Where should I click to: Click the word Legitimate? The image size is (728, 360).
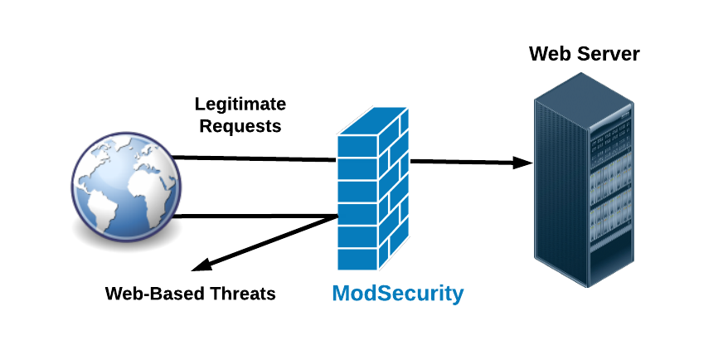240,105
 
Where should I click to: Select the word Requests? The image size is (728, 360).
240,127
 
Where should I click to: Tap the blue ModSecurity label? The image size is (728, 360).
398,294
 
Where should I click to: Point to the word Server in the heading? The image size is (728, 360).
610,55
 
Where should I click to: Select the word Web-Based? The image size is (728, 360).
149,294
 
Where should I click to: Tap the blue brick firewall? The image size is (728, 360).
373,199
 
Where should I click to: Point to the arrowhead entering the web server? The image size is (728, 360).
522,163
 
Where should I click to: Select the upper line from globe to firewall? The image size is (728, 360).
257,158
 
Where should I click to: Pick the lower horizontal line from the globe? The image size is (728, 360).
257,216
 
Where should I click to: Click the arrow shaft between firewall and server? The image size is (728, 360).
464,162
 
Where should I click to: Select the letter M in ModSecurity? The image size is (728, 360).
342,294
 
